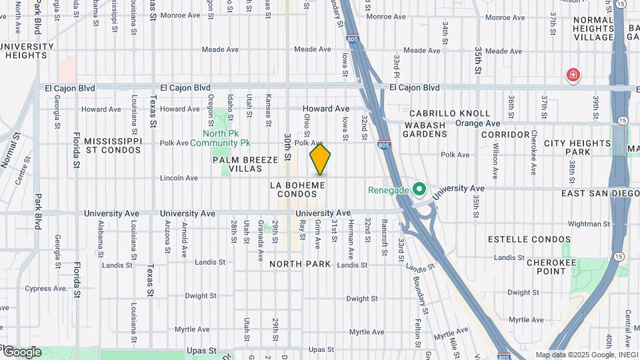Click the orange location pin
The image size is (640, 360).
[x=320, y=159]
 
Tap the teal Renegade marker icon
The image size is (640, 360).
[x=419, y=190]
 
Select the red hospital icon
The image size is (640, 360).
[x=572, y=75]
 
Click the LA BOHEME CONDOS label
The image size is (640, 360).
[x=297, y=189]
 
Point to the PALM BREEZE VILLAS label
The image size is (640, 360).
[x=237, y=165]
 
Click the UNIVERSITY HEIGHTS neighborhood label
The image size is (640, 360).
[x=27, y=51]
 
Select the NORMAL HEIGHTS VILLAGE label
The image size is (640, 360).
[x=593, y=29]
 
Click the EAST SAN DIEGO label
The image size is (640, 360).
[x=600, y=193]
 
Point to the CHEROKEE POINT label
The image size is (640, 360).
[x=551, y=267]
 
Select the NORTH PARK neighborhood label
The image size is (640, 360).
[x=300, y=264]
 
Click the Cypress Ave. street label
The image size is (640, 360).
[x=47, y=289]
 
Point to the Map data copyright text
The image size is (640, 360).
[x=586, y=355]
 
